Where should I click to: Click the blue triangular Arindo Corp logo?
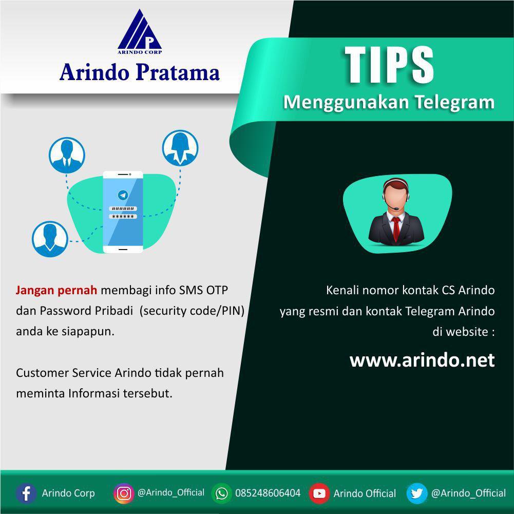pos(140,32)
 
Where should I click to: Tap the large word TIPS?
pos(389,65)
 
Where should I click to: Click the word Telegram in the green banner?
pos(455,102)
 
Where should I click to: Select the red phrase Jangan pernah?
pos(56,291)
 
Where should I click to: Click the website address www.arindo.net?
pos(422,360)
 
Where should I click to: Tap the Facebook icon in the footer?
pos(26,493)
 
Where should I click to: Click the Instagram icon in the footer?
pos(124,493)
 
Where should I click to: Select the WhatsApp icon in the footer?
pos(221,493)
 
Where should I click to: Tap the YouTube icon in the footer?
pos(319,493)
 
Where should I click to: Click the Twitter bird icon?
pos(416,493)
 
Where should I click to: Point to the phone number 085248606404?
pos(268,493)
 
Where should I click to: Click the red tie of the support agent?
pos(396,229)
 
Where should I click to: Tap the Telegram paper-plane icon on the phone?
pos(123,195)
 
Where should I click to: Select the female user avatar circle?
pos(180,148)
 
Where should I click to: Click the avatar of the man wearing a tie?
pos(67,155)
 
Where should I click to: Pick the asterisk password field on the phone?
pos(123,217)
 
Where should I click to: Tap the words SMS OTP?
pos(203,291)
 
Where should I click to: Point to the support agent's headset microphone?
pos(396,208)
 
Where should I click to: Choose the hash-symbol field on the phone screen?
pos(123,209)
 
